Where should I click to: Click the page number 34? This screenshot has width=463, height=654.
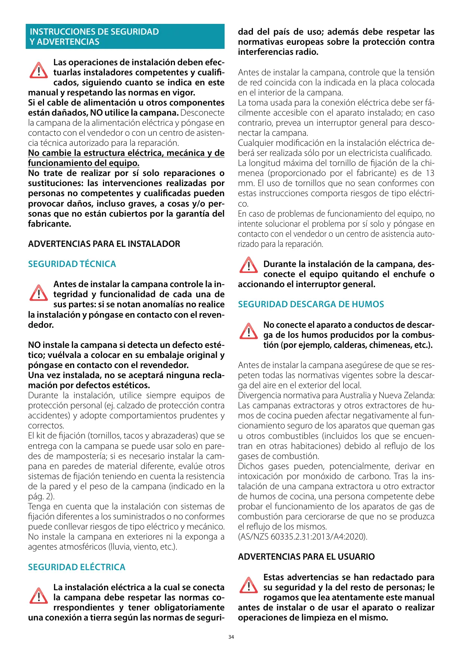click(x=231, y=637)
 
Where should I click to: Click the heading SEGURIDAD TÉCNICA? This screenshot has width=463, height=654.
click(x=72, y=264)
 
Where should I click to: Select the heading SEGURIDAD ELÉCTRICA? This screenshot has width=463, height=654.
click(x=76, y=567)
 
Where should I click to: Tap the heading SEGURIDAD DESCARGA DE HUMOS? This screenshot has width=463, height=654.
click(x=311, y=304)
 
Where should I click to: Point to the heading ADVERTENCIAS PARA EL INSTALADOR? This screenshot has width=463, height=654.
click(x=104, y=244)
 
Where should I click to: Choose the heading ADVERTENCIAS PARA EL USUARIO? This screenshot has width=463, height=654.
click(x=306, y=557)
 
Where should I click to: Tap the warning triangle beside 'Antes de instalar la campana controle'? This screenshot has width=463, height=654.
click(x=38, y=293)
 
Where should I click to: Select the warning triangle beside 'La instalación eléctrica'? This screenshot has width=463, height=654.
click(x=38, y=595)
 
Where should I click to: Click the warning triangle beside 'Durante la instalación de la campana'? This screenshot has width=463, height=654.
click(x=248, y=265)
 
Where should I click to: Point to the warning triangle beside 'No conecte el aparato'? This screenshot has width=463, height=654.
click(x=248, y=331)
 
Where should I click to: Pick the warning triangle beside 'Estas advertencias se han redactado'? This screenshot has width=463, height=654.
click(x=248, y=585)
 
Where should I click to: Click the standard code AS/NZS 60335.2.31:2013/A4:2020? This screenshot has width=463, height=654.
click(x=303, y=537)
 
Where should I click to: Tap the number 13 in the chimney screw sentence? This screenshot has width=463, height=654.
click(x=430, y=173)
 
